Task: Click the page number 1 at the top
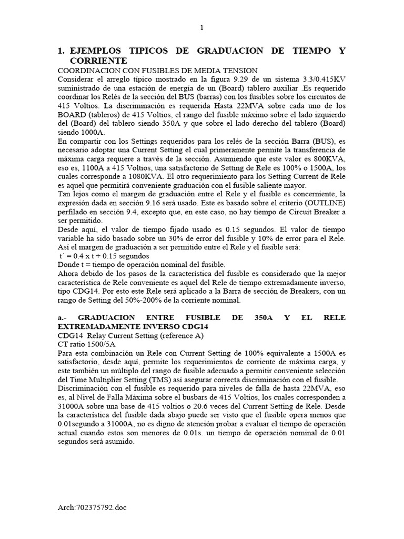tap(201, 28)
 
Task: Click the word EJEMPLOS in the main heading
tap(95, 51)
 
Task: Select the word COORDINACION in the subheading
tap(86, 71)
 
